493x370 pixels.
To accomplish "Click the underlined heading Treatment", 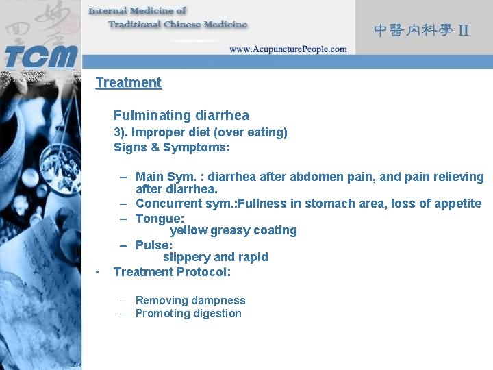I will coord(128,83).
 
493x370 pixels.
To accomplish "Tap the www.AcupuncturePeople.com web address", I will coord(288,49).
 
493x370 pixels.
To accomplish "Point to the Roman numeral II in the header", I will coord(464,30).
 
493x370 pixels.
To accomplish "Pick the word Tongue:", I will coord(160,219).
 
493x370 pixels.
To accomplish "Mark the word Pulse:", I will coord(154,245).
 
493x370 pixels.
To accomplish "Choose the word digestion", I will coord(216,314).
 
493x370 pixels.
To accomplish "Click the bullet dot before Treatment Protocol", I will coord(100,273).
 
